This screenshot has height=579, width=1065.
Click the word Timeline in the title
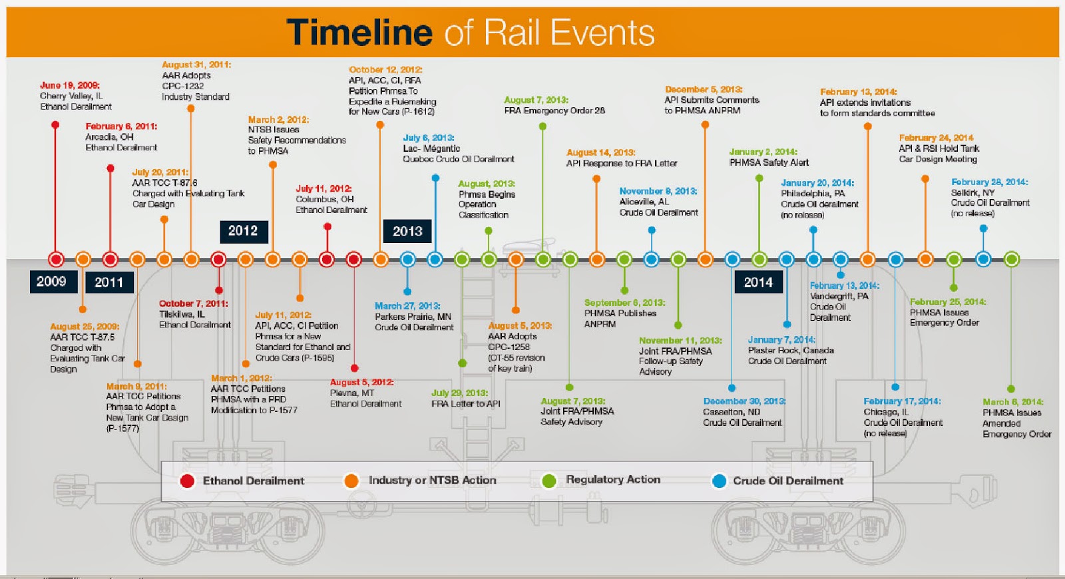[359, 32]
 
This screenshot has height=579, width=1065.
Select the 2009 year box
[51, 282]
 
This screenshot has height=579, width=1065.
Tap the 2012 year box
[243, 231]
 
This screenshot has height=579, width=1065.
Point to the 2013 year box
[407, 232]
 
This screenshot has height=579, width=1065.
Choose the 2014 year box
[758, 282]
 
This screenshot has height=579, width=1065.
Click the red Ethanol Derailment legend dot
[187, 481]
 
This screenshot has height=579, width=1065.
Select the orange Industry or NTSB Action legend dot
[351, 481]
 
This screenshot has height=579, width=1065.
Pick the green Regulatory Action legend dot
[549, 481]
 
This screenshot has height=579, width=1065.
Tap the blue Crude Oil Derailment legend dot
[719, 481]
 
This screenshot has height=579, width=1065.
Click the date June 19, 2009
[69, 85]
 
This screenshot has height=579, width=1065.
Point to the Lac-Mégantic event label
[431, 148]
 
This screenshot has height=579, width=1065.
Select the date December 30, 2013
[744, 401]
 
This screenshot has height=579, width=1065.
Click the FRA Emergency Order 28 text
[554, 110]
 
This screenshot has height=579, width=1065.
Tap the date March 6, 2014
[1012, 402]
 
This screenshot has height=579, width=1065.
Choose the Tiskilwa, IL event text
[182, 314]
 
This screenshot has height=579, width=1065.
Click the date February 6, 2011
[121, 126]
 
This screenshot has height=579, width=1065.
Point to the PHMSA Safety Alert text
[769, 162]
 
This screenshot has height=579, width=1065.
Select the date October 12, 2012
[385, 69]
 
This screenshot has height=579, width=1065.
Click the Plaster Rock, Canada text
[791, 350]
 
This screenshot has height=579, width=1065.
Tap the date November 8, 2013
[658, 191]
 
